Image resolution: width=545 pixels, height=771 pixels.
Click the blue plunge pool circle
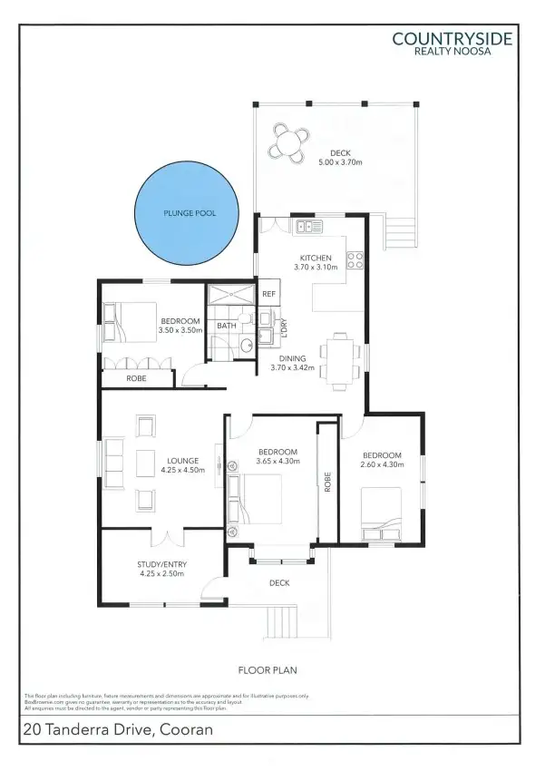[188, 214]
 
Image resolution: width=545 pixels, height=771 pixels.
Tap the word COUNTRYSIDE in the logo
[452, 38]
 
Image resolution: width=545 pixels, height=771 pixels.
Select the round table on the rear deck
[289, 142]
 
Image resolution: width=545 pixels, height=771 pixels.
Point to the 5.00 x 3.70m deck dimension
[340, 162]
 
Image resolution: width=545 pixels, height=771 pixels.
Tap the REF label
[268, 294]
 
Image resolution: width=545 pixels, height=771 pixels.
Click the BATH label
[226, 325]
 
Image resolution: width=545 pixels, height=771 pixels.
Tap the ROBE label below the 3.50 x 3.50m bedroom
[136, 378]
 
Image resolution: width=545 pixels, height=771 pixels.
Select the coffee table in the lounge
[145, 462]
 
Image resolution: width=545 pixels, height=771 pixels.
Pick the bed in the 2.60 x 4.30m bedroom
[381, 512]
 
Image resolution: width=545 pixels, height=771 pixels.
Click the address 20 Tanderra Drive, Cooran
[119, 729]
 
